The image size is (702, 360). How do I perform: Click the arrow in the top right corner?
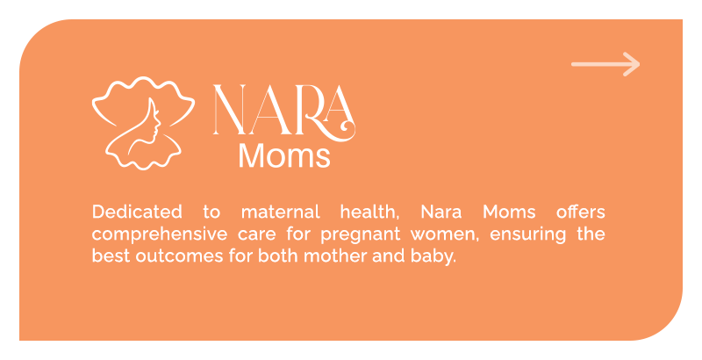(x=605, y=64)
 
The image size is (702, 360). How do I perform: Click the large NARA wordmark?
(x=283, y=110)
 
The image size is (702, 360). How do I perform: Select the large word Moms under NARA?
(x=284, y=155)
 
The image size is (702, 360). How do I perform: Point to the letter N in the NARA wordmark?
(x=230, y=109)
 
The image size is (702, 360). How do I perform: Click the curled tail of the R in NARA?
(x=346, y=128)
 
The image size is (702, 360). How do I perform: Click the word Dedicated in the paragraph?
(x=137, y=212)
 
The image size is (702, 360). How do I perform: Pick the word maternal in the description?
(x=281, y=212)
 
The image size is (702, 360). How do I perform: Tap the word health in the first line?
(x=369, y=212)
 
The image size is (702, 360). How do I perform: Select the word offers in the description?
(x=581, y=212)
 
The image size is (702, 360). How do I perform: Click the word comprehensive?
(x=160, y=234)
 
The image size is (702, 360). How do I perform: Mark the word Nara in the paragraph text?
(x=441, y=212)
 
